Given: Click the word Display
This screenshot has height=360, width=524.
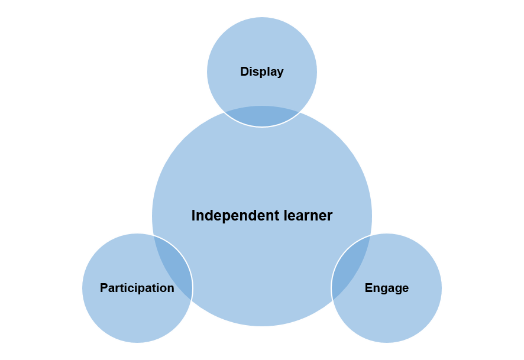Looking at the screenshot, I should pos(261,72).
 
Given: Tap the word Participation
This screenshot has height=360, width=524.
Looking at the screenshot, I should pos(137,288).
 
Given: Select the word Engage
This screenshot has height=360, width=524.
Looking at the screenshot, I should pos(386,288).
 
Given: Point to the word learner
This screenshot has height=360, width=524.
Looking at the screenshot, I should pos(306,216).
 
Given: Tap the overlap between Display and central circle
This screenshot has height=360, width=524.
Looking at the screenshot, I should pos(262,116).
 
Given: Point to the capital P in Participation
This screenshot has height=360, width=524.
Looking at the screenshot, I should pos(103,288).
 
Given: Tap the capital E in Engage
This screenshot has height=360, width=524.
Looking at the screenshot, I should pos(368,288).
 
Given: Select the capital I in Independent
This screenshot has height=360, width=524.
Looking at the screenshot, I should pos(193,216).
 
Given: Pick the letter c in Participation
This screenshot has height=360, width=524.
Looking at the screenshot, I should pos(138,288).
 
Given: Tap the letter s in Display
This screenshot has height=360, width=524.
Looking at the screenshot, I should pos(257,72).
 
